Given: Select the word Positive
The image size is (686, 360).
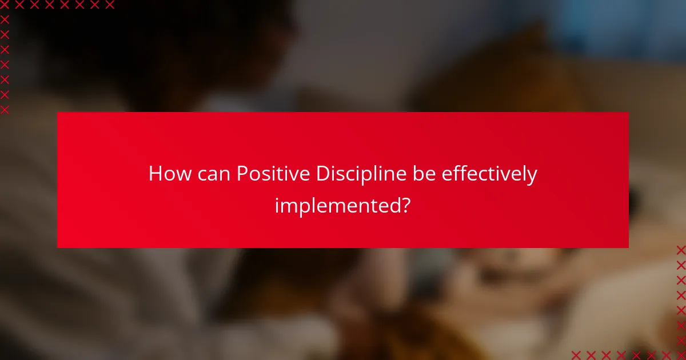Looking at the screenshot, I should [x=273, y=174].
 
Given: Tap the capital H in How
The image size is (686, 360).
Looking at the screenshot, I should [x=155, y=174].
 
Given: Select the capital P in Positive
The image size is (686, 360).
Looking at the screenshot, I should [x=242, y=174].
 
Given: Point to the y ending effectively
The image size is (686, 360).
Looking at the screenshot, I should [x=532, y=176].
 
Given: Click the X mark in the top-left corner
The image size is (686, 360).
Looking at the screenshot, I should [x=5, y=5].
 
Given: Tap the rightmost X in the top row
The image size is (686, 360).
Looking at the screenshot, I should [x=109, y=5].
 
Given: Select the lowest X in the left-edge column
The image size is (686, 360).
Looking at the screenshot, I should [x=5, y=109].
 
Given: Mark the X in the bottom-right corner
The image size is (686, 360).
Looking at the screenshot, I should [x=681, y=355].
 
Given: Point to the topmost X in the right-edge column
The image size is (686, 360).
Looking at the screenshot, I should [x=681, y=250].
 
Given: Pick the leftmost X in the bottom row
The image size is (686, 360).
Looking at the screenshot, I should [x=576, y=355].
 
